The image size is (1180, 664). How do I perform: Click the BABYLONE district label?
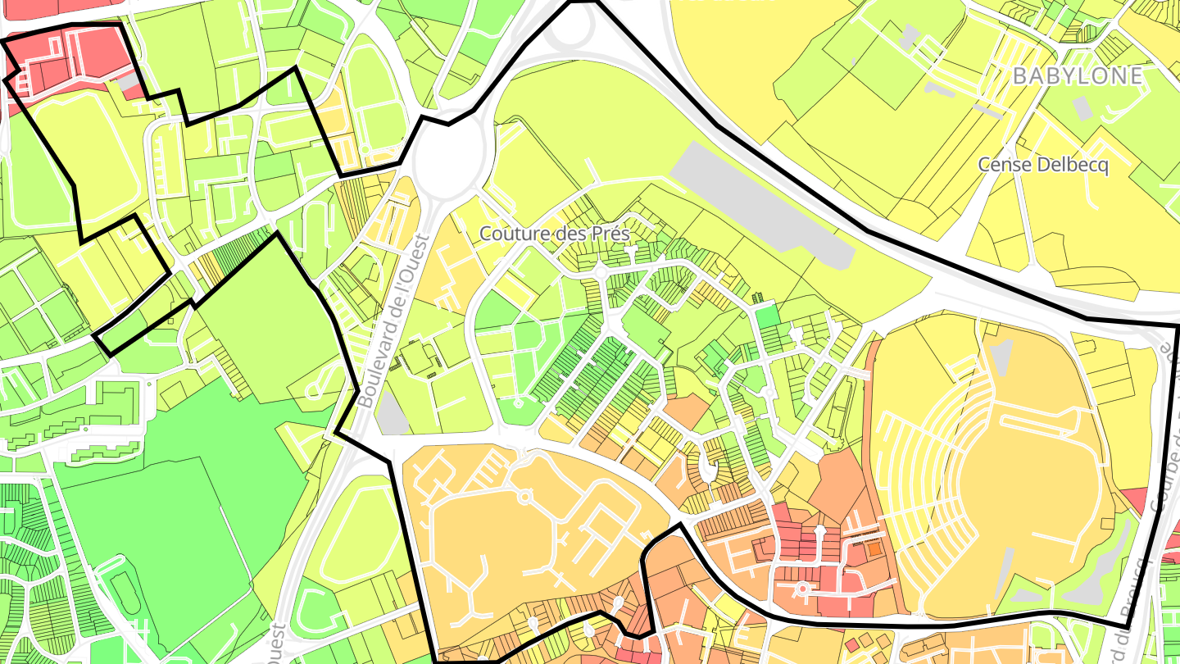point(1078,76)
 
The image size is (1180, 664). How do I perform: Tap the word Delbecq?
point(1073,165)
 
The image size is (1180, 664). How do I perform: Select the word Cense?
point(1005,165)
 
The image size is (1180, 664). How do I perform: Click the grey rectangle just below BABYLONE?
point(1082,108)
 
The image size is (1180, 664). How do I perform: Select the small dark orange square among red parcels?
point(875,548)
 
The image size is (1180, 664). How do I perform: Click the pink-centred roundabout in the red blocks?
point(803,588)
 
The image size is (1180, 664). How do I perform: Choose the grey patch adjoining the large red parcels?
point(128,82)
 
